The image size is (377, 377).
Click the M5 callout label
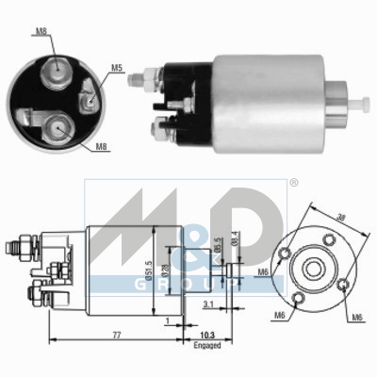(116, 67)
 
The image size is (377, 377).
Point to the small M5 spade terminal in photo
(88, 91)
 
